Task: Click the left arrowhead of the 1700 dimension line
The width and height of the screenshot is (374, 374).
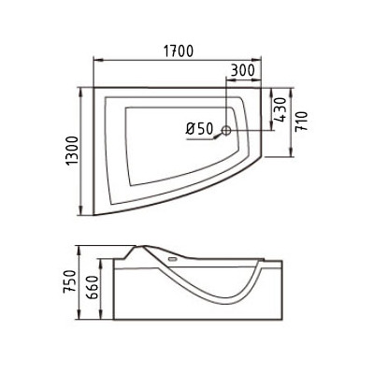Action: point(96,62)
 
